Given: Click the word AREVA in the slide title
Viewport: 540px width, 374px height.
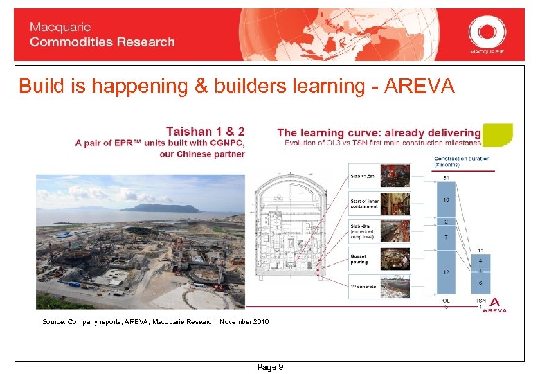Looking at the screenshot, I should [420, 87].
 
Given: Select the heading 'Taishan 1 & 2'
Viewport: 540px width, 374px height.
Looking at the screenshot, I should [206, 131].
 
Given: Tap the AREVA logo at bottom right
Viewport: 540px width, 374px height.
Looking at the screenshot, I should [494, 305].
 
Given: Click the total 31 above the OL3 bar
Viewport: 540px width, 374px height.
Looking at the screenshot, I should [446, 179].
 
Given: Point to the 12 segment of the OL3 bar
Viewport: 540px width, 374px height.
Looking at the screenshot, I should [446, 272].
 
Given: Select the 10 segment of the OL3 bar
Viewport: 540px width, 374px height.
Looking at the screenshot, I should [446, 200].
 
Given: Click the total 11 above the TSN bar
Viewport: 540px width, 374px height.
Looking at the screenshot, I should [481, 251].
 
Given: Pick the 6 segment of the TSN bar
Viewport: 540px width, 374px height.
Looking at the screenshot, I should [481, 282].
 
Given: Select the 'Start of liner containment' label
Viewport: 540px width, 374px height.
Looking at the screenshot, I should [365, 204].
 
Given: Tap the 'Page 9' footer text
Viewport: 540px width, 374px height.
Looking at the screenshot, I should [270, 367].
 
